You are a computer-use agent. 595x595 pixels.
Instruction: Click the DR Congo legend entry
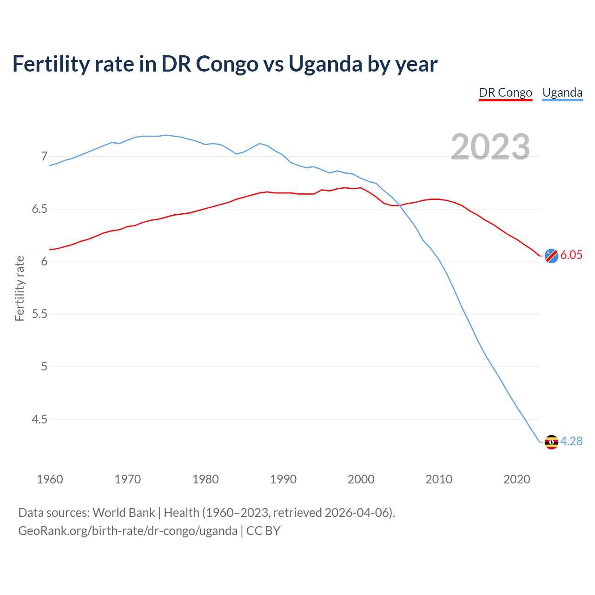(x=505, y=93)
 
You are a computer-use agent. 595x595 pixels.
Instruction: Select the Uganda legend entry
(x=562, y=93)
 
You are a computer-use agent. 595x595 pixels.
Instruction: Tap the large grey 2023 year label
(x=490, y=147)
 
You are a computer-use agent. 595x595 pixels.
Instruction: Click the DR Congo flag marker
(x=551, y=256)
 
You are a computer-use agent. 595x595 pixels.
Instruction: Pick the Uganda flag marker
(x=551, y=442)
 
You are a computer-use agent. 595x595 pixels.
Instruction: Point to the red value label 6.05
(x=571, y=255)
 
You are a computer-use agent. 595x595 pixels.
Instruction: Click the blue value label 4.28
(x=571, y=441)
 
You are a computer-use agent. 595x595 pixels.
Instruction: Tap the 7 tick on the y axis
(x=44, y=156)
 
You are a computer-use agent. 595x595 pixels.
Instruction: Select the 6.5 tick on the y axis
(x=40, y=209)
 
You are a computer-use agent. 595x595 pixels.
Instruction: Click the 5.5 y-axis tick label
(x=40, y=314)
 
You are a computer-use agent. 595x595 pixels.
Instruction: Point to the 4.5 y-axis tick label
(x=40, y=419)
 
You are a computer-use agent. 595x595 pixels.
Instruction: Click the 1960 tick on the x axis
(x=50, y=479)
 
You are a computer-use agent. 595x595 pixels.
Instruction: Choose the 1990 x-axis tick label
(x=283, y=479)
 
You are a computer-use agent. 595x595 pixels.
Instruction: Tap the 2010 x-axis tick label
(x=439, y=479)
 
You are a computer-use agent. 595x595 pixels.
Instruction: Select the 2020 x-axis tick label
(x=516, y=479)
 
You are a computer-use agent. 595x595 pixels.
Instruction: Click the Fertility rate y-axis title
(x=20, y=288)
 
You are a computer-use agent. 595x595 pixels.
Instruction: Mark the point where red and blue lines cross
(x=399, y=205)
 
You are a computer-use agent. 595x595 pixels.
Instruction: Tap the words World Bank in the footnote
(x=124, y=513)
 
